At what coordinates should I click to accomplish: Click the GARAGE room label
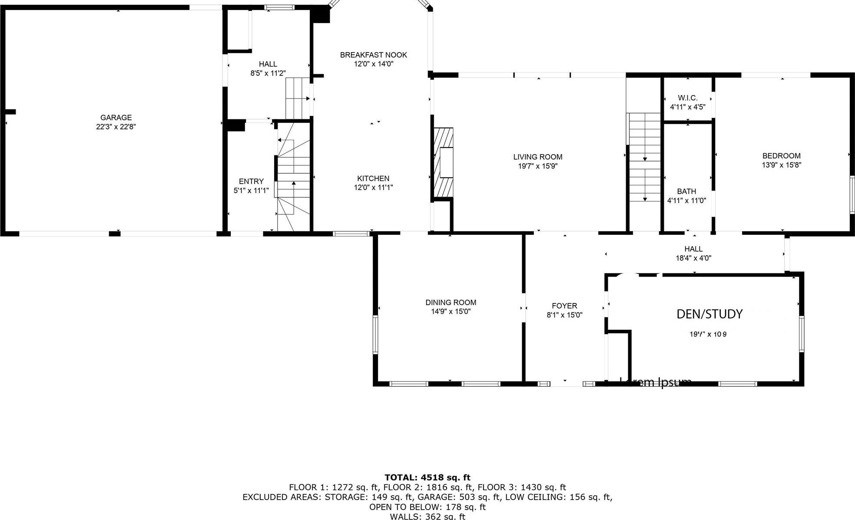(x=116, y=117)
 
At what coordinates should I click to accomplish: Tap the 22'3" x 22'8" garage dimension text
(x=116, y=127)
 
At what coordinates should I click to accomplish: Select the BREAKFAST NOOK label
(x=373, y=55)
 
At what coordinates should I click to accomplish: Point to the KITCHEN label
(x=373, y=178)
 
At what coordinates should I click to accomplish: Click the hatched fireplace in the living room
(x=443, y=163)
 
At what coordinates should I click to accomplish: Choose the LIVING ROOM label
(x=537, y=157)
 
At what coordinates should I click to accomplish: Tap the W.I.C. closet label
(x=687, y=98)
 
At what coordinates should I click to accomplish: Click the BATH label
(x=686, y=191)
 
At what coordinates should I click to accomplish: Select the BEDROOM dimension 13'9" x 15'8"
(x=781, y=165)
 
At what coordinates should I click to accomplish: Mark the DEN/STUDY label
(x=709, y=314)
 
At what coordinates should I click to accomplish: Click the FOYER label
(x=564, y=306)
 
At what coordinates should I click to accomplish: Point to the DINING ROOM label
(x=451, y=303)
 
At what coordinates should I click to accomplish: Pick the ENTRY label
(x=251, y=181)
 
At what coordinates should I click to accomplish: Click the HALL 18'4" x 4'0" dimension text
(x=693, y=258)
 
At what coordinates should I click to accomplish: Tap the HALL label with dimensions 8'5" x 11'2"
(x=268, y=64)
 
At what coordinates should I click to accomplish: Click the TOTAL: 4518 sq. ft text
(x=427, y=478)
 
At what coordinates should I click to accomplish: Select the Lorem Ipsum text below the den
(x=655, y=382)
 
